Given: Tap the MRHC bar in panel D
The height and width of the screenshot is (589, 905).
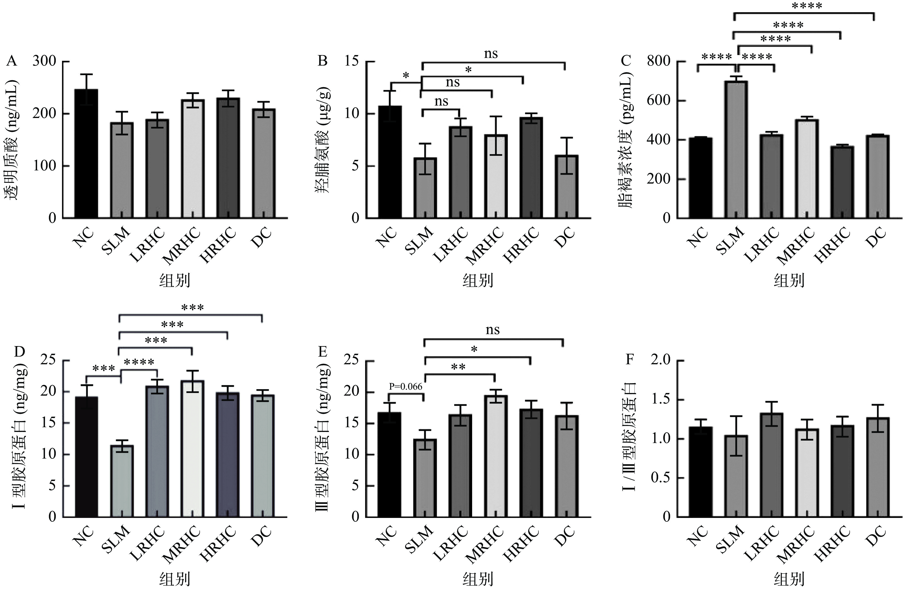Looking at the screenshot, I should [x=192, y=449].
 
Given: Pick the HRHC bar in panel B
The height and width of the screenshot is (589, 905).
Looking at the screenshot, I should [x=531, y=168].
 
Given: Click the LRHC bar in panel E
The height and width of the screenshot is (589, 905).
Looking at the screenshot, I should [x=460, y=466].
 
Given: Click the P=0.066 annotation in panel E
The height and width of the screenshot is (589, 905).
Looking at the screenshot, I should [x=405, y=387].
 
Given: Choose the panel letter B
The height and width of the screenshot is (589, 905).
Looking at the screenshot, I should [x=322, y=61].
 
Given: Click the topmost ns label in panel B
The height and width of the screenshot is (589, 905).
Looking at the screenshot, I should [x=491, y=54].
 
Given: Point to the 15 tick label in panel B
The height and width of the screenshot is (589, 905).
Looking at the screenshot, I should [x=352, y=61].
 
